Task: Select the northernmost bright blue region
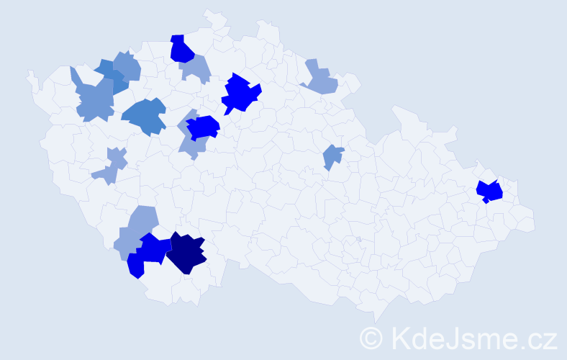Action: (181, 49)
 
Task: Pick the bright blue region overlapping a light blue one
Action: (203, 127)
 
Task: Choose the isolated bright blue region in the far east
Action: (490, 192)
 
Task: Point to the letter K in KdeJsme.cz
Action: (400, 338)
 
